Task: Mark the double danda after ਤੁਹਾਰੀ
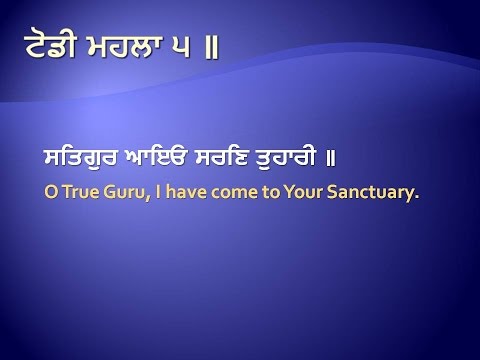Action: point(393,160)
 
